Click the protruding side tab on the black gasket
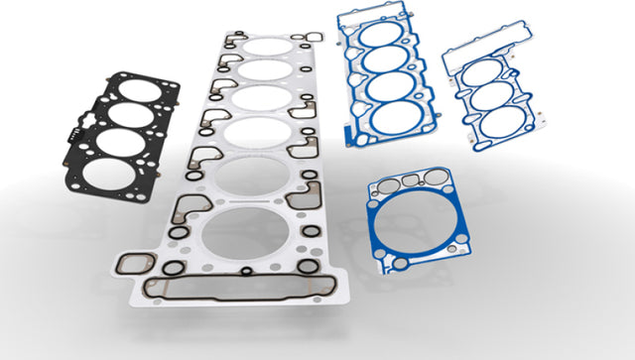coord(70,133)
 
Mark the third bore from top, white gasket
coord(258,100)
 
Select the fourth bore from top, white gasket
coord(256,134)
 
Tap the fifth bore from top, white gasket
coord(252,176)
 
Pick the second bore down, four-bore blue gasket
coord(386,60)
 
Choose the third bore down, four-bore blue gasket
coord(391,89)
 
